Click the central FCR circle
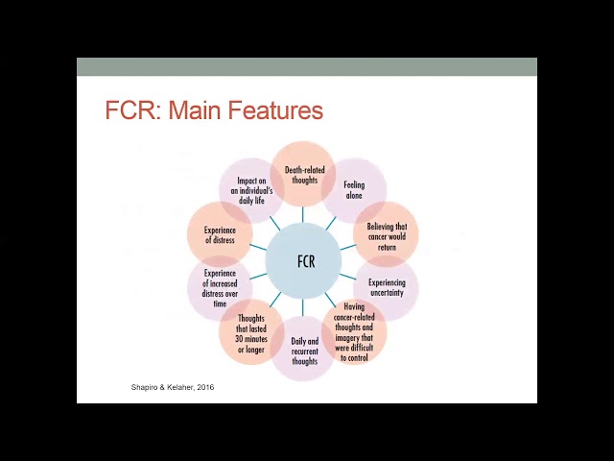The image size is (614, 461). coord(303,261)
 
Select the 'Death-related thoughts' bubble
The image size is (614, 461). coord(304,175)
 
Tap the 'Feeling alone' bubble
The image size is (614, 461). coord(354,190)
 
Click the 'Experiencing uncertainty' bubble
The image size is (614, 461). coord(386,288)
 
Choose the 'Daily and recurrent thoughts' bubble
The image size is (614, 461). coord(304,351)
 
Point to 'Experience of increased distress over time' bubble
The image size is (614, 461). coord(220,288)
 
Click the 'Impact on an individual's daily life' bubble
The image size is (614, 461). coord(252,190)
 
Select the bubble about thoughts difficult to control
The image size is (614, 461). coord(354,331)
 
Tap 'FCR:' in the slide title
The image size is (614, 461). coord(132,110)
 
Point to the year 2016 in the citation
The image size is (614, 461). coord(202,387)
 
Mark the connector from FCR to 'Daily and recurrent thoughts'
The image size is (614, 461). coord(303,307)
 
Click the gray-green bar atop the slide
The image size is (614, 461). coord(307,67)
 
